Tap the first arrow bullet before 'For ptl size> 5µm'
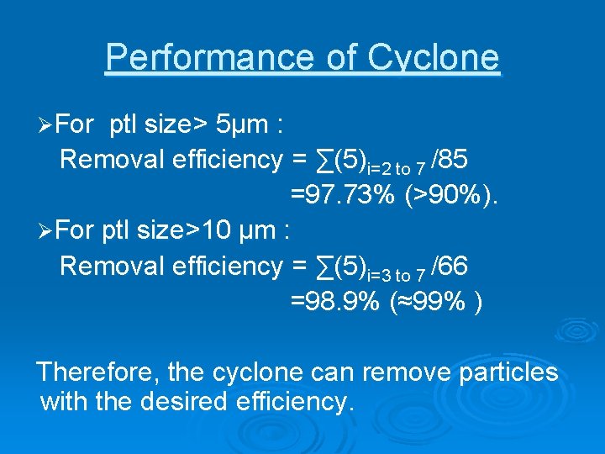click(x=47, y=125)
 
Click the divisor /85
click(x=449, y=158)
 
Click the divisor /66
click(x=449, y=266)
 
